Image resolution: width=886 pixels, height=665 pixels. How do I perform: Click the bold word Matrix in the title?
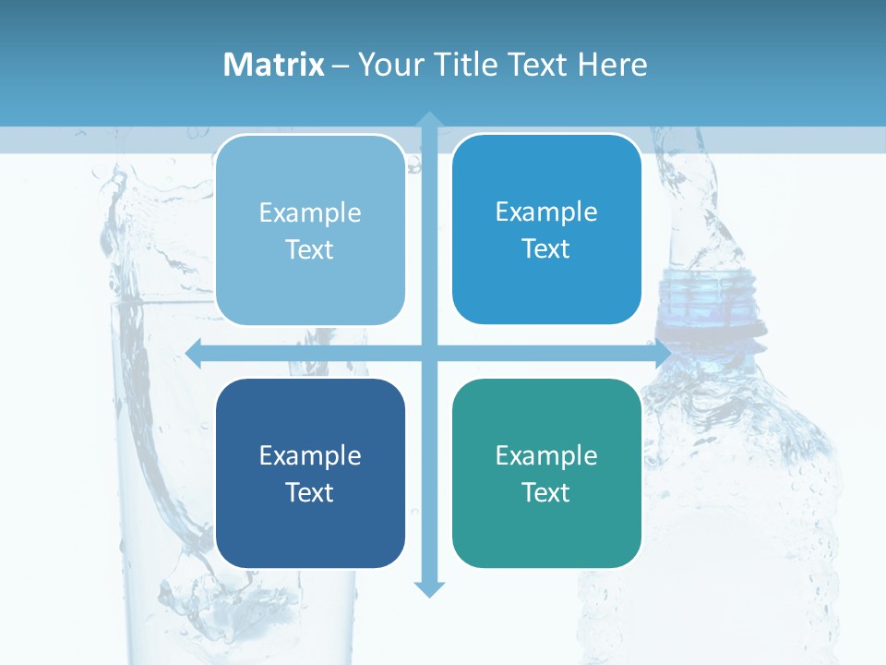pos(274,65)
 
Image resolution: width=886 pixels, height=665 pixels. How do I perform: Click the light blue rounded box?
pos(310,230)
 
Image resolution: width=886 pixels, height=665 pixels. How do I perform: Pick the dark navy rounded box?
pos(310,473)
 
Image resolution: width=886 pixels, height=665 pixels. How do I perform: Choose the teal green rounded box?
pos(546,473)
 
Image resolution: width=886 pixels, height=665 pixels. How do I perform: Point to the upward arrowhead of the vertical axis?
pos(429,119)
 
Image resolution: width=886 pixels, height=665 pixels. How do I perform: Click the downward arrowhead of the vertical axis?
pos(429,589)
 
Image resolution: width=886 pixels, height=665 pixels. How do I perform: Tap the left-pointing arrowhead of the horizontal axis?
pos(194,353)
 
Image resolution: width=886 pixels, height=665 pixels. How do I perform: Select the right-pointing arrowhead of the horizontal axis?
pos(662,353)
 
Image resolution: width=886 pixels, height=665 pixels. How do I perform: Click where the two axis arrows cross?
pos(429,353)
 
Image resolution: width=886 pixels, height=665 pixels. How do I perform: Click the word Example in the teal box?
pos(546,455)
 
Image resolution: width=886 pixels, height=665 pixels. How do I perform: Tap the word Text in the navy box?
pos(310,492)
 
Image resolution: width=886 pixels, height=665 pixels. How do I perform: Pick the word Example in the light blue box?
pos(310,212)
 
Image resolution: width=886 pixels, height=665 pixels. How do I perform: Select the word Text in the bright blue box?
pos(546,248)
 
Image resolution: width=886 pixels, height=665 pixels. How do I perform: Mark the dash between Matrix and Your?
pos(341,66)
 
